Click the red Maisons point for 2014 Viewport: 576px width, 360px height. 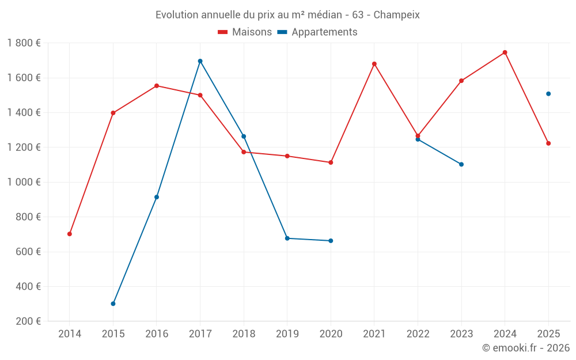pos(70,234)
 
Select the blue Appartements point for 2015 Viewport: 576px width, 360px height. pos(113,304)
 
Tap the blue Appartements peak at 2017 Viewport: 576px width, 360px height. pos(200,61)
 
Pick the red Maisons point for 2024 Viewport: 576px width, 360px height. pos(505,52)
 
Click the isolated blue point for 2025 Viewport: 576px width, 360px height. pos(548,94)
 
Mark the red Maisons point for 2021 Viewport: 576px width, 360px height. pos(374,64)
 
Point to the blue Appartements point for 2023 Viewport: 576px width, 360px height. pos(461,164)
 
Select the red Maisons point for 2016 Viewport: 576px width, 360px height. pos(157,86)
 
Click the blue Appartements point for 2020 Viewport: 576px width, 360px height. pos(331,241)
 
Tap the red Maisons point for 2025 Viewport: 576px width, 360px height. pos(548,143)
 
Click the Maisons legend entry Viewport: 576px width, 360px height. pos(245,32)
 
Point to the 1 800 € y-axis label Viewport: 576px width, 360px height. pos(24,43)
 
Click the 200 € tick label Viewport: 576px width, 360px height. pos(27,321)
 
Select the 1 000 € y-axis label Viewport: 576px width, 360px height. pos(24,182)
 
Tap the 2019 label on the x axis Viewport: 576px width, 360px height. pos(287,334)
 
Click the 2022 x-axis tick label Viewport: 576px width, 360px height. pos(418,334)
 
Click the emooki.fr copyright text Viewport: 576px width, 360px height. pos(525,348)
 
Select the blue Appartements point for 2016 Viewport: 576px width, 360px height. pos(157,198)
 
